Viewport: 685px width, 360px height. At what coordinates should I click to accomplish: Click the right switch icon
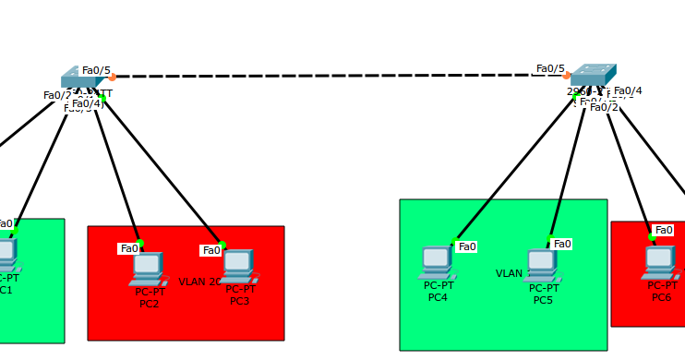pos(592,76)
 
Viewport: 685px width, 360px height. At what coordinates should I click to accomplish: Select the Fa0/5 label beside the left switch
pos(96,70)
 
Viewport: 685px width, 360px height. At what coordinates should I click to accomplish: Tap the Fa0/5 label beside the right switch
pos(550,68)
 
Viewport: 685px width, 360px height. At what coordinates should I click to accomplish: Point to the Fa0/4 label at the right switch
pos(628,90)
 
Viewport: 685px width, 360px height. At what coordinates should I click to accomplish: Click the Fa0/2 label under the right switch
pos(604,107)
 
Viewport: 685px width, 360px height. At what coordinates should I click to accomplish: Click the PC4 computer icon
pos(437,262)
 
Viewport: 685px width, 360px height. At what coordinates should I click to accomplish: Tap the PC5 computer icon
pos(542,265)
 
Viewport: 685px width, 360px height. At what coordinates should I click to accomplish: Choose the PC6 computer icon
pos(660,262)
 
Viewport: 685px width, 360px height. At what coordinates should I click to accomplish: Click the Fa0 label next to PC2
pos(129,248)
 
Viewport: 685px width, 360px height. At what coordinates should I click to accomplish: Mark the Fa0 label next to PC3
pos(211,250)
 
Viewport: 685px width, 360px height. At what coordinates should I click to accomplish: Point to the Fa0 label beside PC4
pos(467,246)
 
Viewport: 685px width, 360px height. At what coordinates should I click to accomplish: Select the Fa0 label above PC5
pos(562,244)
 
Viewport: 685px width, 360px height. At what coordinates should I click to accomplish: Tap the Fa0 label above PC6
pos(664,230)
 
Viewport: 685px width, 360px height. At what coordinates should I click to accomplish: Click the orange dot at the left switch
pos(112,78)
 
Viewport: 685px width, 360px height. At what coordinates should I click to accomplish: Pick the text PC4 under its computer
pos(438,297)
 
